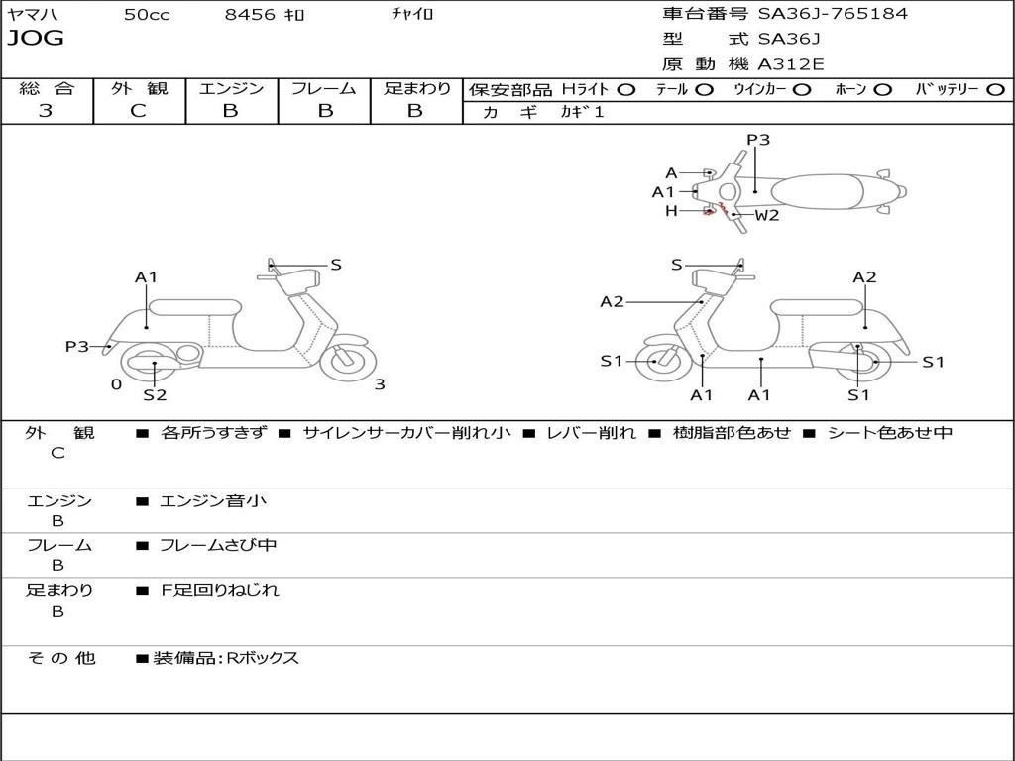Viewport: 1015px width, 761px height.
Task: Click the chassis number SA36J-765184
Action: pyautogui.click(x=833, y=14)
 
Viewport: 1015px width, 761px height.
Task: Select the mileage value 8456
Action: pyautogui.click(x=252, y=15)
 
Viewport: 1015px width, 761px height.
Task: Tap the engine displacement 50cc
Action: pyautogui.click(x=145, y=15)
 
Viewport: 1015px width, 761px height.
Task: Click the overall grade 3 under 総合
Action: pyautogui.click(x=46, y=111)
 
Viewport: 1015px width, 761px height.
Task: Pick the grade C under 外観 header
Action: pyautogui.click(x=138, y=111)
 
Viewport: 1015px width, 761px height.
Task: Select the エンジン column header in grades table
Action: pyautogui.click(x=231, y=89)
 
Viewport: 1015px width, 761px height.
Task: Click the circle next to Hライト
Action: pyautogui.click(x=625, y=90)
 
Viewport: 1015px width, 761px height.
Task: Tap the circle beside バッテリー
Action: pyautogui.click(x=995, y=90)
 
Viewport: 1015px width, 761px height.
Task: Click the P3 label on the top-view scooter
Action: pyautogui.click(x=758, y=140)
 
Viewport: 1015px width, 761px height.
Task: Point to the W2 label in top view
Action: pyautogui.click(x=767, y=215)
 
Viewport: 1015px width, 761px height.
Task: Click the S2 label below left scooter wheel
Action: pyautogui.click(x=155, y=395)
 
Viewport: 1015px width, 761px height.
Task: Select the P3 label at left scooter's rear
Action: pyautogui.click(x=77, y=346)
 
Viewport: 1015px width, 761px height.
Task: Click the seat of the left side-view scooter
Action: pyautogui.click(x=194, y=306)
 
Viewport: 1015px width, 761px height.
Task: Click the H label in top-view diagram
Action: pyautogui.click(x=671, y=210)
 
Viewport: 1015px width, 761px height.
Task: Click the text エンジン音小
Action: pyautogui.click(x=213, y=501)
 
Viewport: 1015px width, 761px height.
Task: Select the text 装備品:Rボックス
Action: pyautogui.click(x=226, y=658)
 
